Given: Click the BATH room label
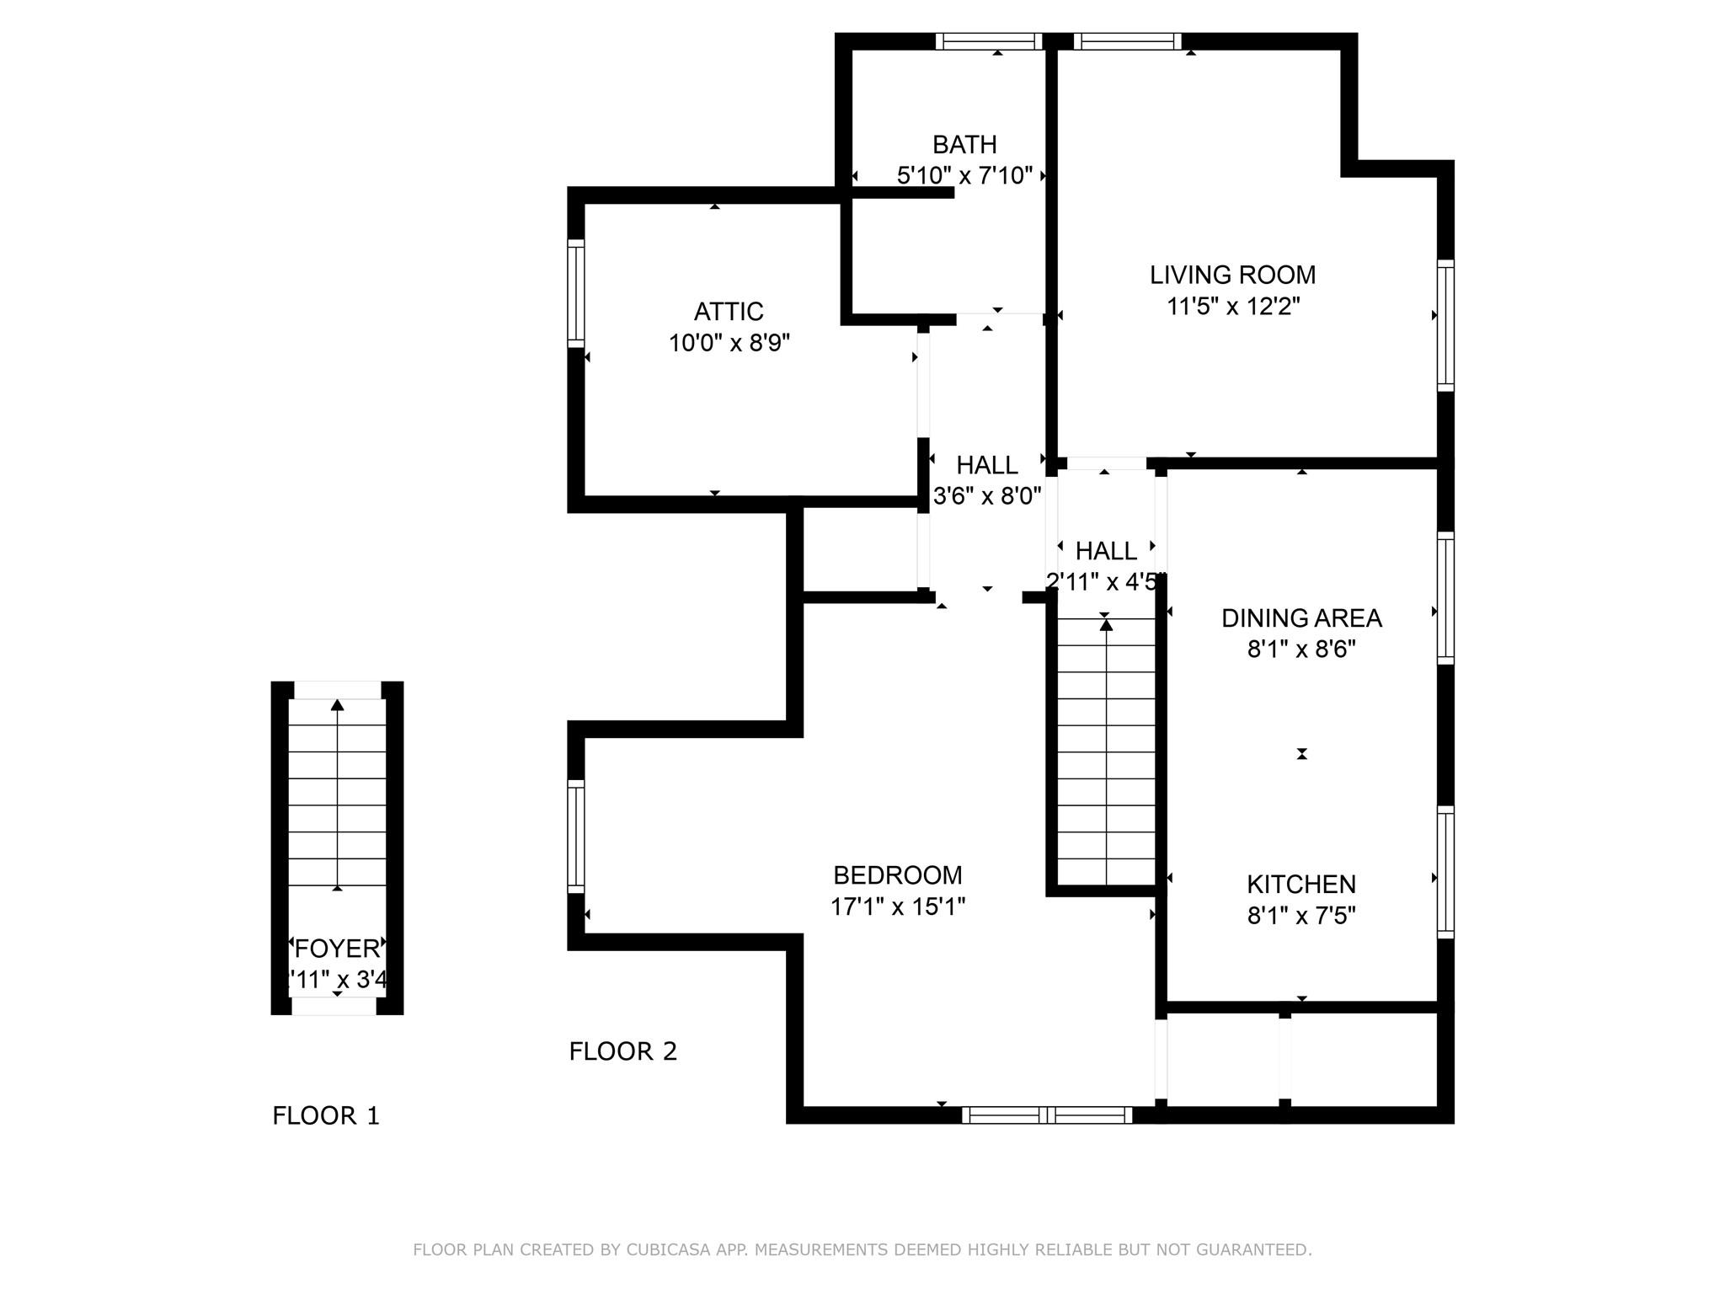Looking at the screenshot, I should pos(964,145).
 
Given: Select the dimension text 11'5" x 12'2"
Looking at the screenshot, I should pos(1233,307).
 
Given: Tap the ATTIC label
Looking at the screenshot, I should pos(729,312).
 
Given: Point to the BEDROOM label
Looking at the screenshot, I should pos(897,875).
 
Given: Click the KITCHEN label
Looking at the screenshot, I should pos(1300,885).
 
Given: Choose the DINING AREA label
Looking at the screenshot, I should pos(1300,618).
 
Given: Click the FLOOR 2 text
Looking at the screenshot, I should pos(622,1051).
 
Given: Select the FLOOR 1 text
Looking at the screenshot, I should pos(326,1116).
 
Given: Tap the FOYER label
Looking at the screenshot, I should pos(337,949).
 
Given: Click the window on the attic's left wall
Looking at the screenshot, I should pos(576,292).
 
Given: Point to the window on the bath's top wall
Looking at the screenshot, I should pos(989,41).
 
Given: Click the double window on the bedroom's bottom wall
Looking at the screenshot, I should pos(1047,1115).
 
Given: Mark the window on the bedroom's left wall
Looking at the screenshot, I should pos(576,836).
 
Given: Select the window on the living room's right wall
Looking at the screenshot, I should pos(1445,325).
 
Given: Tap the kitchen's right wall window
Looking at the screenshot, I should pos(1445,872).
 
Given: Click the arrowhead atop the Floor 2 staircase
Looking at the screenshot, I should pos(1106,624).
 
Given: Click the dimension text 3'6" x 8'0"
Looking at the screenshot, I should pos(987,495).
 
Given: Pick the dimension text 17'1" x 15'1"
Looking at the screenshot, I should pos(897,907).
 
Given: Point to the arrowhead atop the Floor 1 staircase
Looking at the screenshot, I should pos(338,705).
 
